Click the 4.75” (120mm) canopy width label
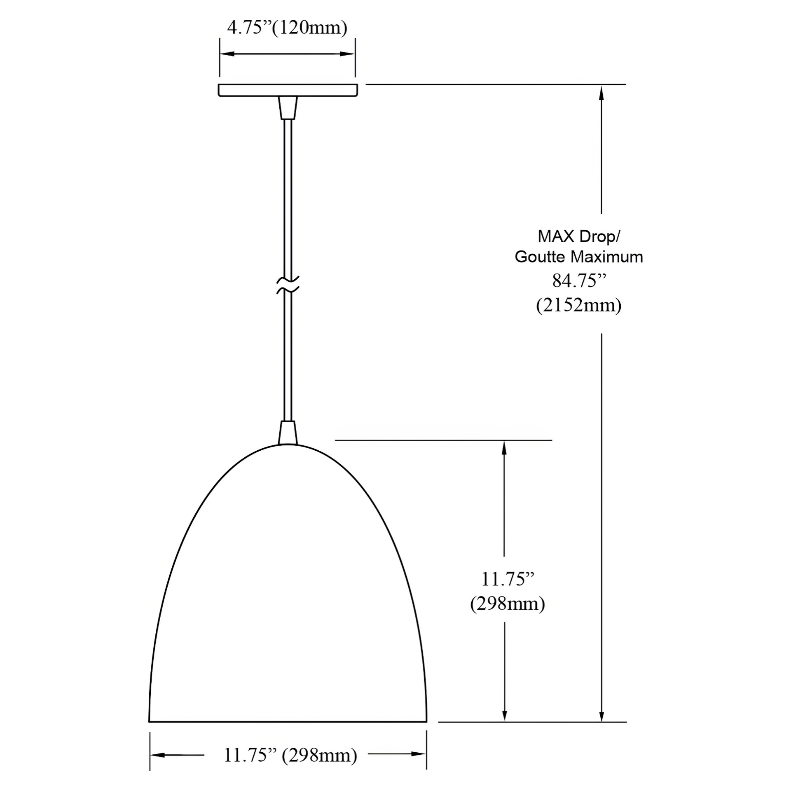[287, 28]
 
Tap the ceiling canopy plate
[288, 90]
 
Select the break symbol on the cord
[288, 285]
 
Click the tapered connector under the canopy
[288, 108]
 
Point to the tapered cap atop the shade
[288, 433]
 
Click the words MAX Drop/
[579, 236]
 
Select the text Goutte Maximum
[579, 257]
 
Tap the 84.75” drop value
[579, 281]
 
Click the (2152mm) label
[579, 305]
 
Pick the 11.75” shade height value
[508, 579]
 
